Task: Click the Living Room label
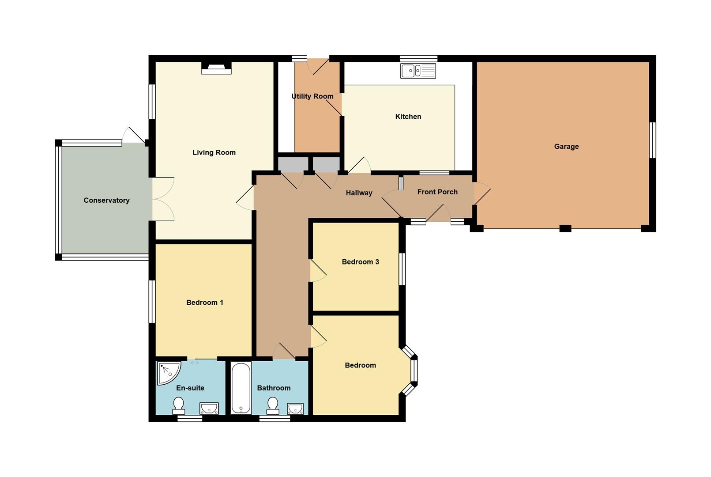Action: [214, 152]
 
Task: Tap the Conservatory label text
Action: [106, 200]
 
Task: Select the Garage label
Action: [566, 146]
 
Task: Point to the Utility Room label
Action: [312, 96]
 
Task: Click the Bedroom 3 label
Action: [360, 261]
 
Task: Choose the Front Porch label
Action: [437, 192]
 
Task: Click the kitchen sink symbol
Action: [418, 71]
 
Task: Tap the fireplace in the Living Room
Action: [216, 68]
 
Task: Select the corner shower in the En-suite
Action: [168, 373]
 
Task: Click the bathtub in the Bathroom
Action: [241, 388]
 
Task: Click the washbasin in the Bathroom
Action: [295, 408]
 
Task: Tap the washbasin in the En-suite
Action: [209, 408]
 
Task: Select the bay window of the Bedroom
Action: [414, 370]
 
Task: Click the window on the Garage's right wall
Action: [653, 140]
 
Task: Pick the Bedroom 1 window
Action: [152, 301]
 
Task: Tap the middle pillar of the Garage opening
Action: [565, 228]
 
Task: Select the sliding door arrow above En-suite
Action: [195, 363]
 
